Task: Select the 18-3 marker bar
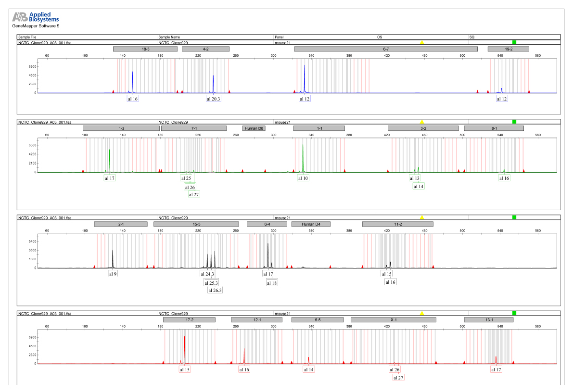click(145, 49)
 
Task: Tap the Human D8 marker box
click(254, 128)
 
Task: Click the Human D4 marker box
click(311, 224)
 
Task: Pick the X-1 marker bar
click(393, 320)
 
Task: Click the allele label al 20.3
click(213, 99)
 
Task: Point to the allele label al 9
click(113, 274)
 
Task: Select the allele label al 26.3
click(215, 291)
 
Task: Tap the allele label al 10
click(303, 178)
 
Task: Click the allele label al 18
click(272, 283)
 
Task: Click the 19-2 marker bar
click(508, 49)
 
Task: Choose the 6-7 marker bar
click(385, 49)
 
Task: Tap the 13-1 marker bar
click(488, 320)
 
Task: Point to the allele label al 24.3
click(207, 274)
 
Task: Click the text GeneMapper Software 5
click(35, 26)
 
